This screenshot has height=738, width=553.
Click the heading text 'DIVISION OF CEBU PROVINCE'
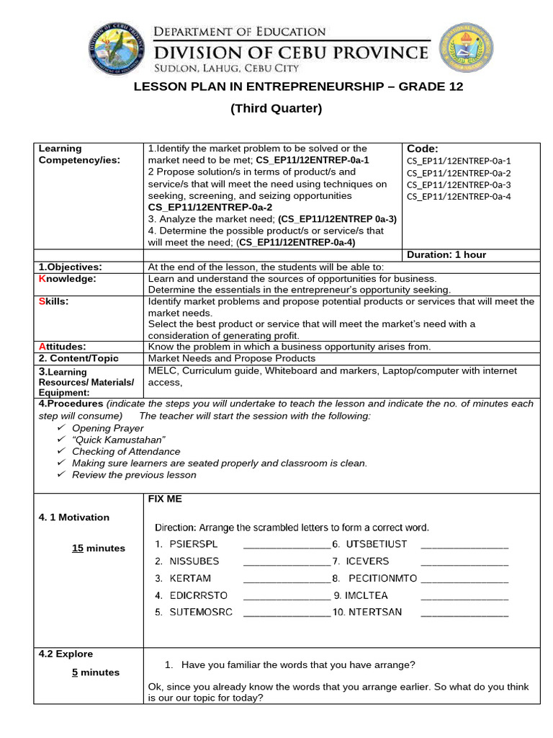click(x=291, y=52)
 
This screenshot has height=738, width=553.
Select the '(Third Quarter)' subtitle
click(x=276, y=109)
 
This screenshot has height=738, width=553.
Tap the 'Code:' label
click(x=423, y=148)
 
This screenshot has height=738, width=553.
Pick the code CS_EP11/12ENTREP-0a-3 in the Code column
click(x=459, y=184)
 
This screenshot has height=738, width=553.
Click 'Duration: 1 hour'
click(x=446, y=254)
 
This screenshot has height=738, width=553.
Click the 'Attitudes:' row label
click(x=62, y=347)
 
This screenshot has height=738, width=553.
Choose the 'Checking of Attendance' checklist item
click(x=126, y=451)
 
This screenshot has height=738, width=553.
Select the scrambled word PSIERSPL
click(x=193, y=543)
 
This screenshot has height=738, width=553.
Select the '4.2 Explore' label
click(x=66, y=654)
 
